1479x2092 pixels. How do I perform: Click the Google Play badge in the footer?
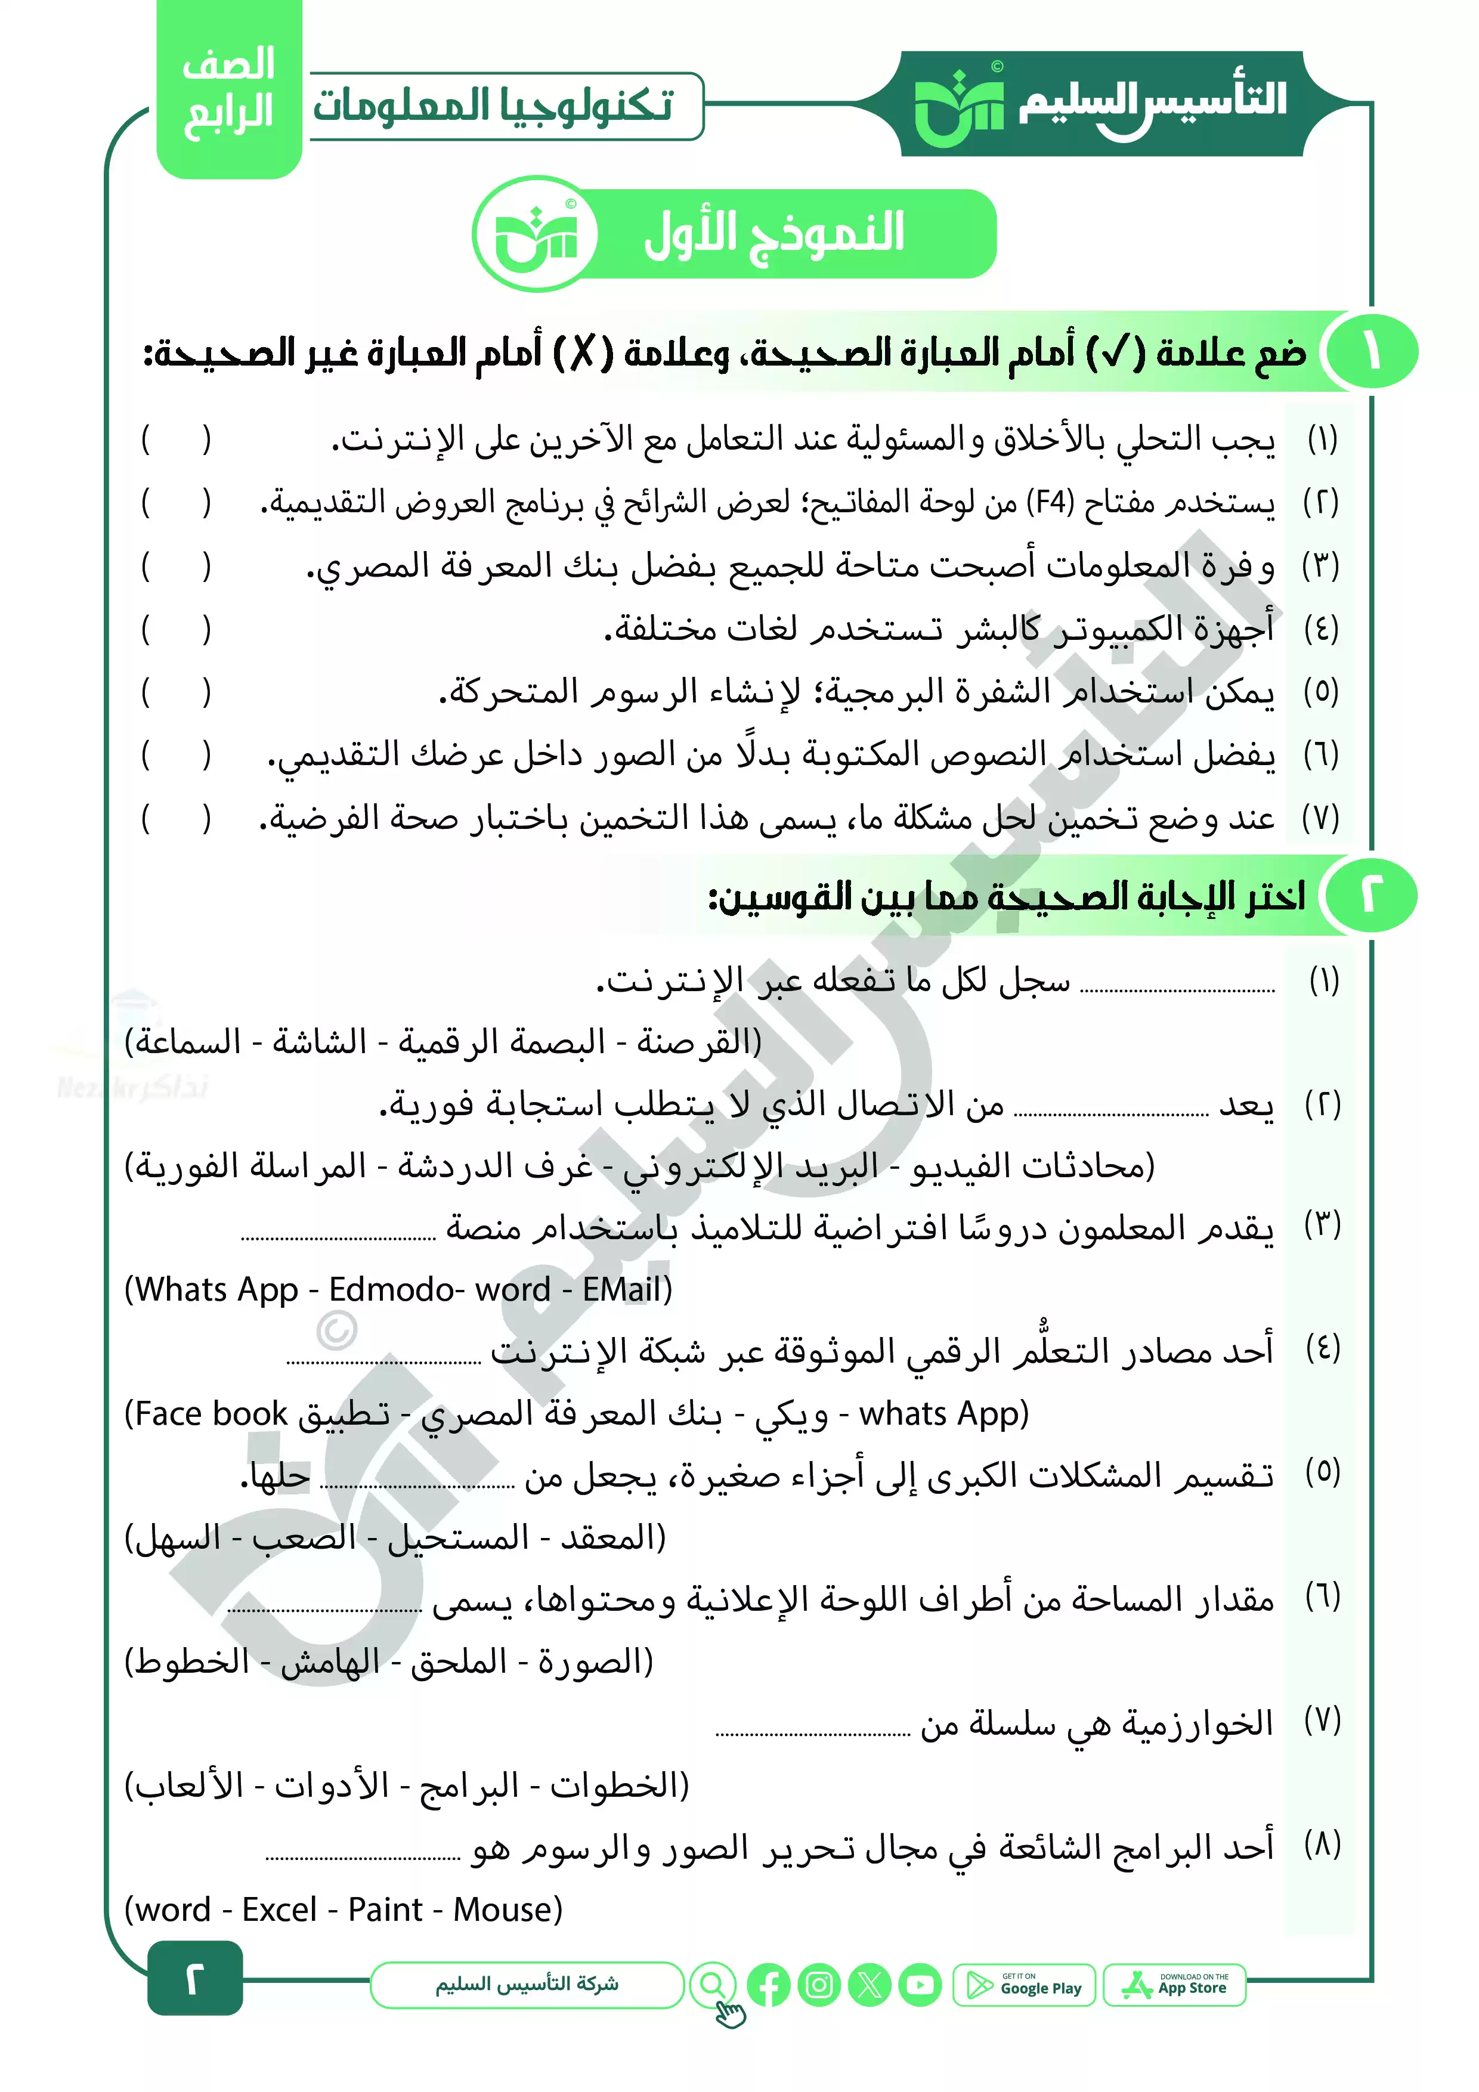1023,1985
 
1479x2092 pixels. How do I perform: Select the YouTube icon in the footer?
920,1985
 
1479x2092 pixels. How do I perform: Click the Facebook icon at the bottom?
768,1985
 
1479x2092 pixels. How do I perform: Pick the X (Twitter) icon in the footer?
870,1985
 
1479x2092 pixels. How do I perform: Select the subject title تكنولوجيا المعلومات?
493,106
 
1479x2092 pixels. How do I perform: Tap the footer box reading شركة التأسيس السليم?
527,1985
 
